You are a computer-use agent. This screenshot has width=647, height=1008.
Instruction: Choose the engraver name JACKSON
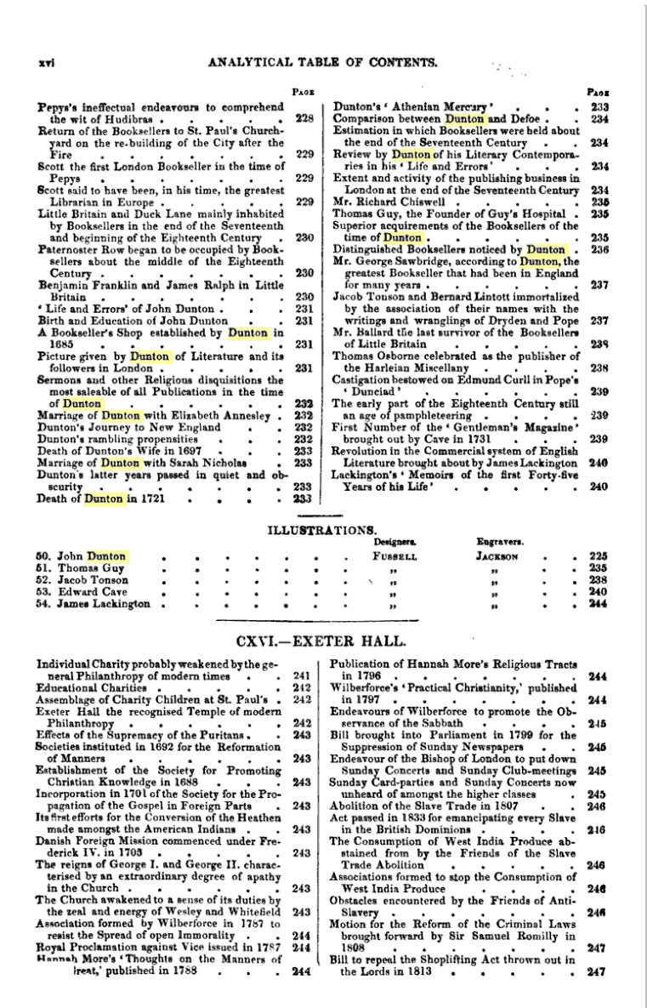pos(497,556)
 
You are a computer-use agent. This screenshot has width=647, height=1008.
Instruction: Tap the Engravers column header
pos(495,541)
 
